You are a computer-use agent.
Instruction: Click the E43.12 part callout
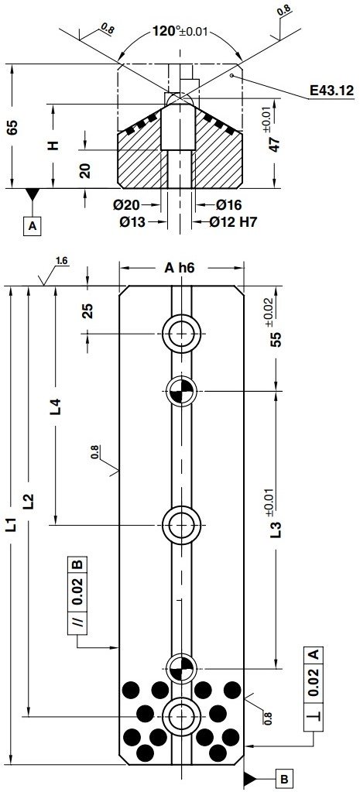pos(331,91)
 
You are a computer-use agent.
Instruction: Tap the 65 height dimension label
pos(12,128)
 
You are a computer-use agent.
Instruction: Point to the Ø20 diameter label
pos(125,206)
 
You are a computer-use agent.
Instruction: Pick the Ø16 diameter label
pos(229,206)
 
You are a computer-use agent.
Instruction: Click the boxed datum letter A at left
pos(32,225)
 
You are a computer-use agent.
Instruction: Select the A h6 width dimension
pos(179,268)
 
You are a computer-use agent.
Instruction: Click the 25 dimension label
pos(87,311)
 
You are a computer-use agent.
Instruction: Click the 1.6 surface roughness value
pos(63,262)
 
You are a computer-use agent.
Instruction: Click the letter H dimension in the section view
pos(53,145)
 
